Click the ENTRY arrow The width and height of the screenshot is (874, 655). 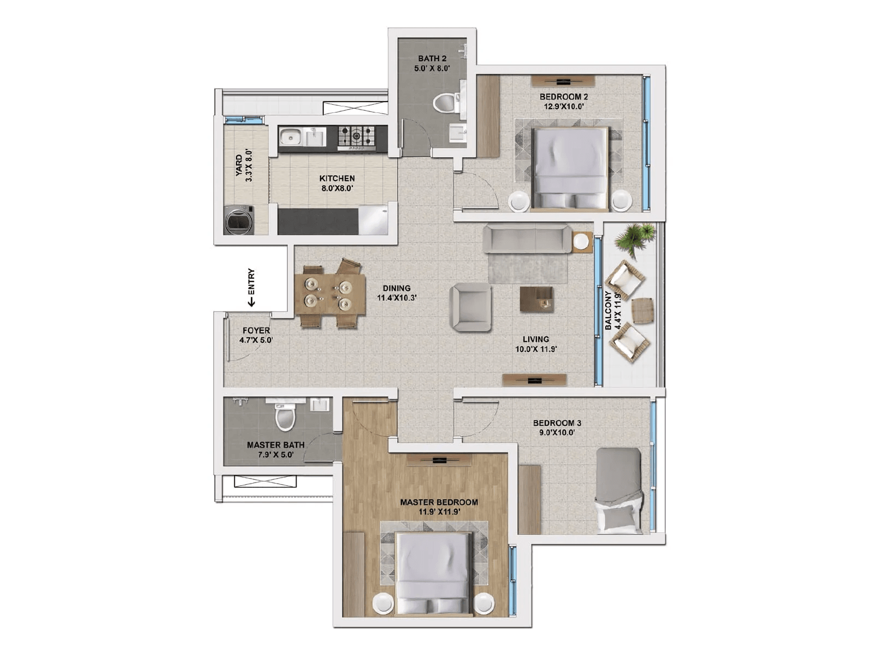click(251, 300)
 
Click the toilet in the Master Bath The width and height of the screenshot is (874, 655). click(285, 418)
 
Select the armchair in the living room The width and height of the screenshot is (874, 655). click(470, 307)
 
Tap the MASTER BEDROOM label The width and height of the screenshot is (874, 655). click(439, 502)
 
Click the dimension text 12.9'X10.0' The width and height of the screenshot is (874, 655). click(564, 106)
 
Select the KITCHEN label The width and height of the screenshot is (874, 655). click(337, 178)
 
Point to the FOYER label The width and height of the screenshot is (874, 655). click(256, 331)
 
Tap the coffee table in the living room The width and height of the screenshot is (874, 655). click(536, 300)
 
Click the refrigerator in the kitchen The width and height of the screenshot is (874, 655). click(373, 221)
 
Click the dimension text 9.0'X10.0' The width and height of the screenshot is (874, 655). click(557, 432)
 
